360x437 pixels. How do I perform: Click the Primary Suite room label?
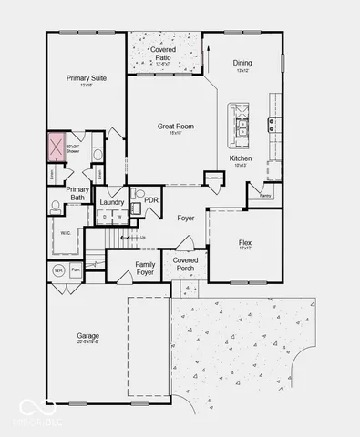pyautogui.click(x=86, y=78)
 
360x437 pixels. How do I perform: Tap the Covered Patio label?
pyautogui.click(x=164, y=54)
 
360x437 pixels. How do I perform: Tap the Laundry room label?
pyautogui.click(x=112, y=202)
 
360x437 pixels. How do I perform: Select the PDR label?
pyautogui.click(x=150, y=200)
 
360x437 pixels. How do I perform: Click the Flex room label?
pyautogui.click(x=245, y=243)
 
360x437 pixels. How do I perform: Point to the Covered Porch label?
pyautogui.click(x=186, y=264)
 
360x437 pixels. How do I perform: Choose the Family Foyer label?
pyautogui.click(x=146, y=269)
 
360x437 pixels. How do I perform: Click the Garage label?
pyautogui.click(x=88, y=336)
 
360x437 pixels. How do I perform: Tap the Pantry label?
pyautogui.click(x=265, y=195)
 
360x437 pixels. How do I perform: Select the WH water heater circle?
pyautogui.click(x=57, y=270)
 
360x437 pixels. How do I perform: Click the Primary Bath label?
pyautogui.click(x=77, y=194)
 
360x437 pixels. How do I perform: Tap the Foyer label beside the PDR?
pyautogui.click(x=185, y=218)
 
